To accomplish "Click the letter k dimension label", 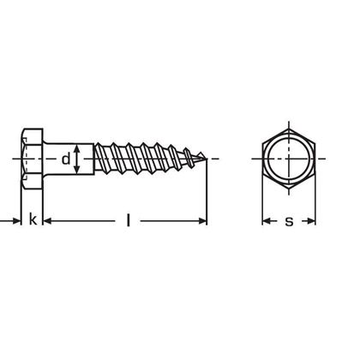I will tap(33, 221).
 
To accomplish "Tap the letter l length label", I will tap(128, 221).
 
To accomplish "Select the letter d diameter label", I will tap(65, 159).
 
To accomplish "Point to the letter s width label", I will tap(289, 222).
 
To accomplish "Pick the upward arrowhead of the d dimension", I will tap(79, 147).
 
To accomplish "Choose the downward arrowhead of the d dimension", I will tap(79, 171).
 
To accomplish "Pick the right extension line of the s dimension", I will tap(316, 210).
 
